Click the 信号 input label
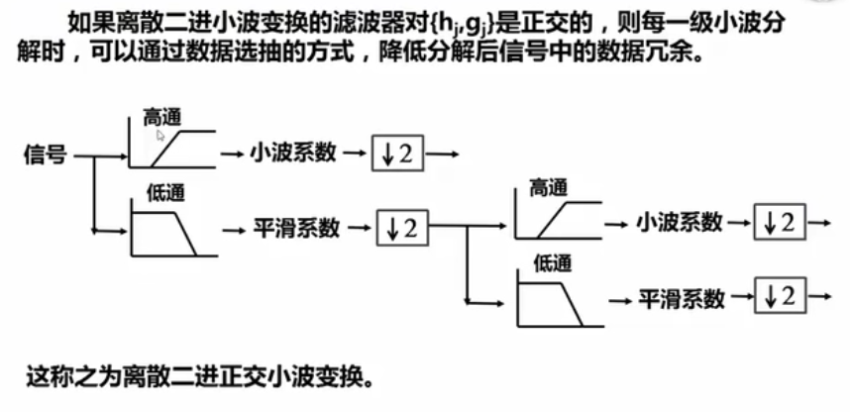point(47,154)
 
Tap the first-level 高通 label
point(163,117)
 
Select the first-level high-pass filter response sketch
point(172,144)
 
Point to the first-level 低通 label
point(165,192)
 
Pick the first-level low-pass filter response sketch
point(168,227)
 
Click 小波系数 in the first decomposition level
point(292,153)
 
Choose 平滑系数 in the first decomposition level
point(295,228)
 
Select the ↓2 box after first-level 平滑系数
point(404,228)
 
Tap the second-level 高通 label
point(551,187)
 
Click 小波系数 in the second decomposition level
point(679,223)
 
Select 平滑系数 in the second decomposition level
point(682,297)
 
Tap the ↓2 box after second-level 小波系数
point(780,223)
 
